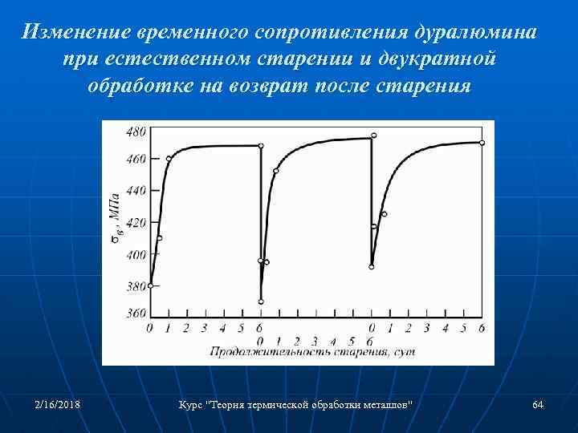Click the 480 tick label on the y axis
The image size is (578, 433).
pos(136,131)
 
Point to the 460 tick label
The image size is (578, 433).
pos(136,159)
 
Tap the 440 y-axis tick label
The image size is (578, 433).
pos(136,190)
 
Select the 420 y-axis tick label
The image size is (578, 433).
pos(136,222)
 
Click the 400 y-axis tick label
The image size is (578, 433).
pos(136,254)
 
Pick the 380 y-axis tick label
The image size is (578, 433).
pos(136,286)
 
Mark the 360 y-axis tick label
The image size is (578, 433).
pos(136,314)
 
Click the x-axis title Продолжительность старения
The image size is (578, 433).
pos(313,351)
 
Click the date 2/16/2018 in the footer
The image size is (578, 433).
pos(57,404)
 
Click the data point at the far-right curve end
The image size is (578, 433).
pos(482,143)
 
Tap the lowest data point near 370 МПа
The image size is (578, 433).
pos(261,301)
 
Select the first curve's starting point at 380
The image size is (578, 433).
pos(150,285)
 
